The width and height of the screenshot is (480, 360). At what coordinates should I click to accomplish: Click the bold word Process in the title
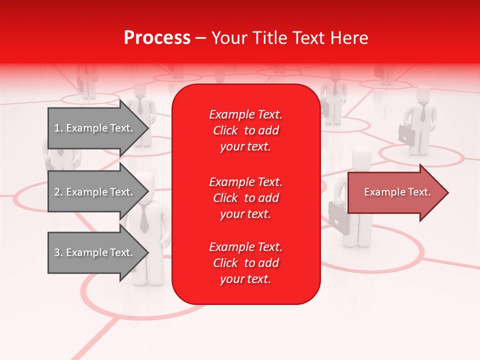click(157, 38)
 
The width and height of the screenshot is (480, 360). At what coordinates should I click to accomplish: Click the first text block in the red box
click(245, 130)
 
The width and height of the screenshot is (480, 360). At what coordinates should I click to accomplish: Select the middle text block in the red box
click(245, 198)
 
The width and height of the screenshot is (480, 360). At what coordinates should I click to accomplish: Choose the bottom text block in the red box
click(245, 263)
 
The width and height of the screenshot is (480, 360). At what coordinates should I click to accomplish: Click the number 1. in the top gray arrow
click(58, 128)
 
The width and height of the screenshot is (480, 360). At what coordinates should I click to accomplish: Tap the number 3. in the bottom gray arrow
click(58, 252)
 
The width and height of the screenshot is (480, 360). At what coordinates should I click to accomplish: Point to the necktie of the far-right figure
click(423, 114)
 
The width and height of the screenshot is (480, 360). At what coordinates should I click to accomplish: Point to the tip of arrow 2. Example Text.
click(147, 192)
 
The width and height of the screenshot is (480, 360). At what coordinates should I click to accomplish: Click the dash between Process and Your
click(200, 38)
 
